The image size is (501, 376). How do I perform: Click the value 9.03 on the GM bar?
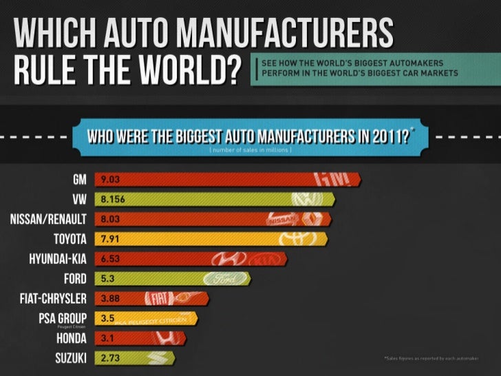[x=111, y=180]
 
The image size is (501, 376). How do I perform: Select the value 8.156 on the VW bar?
[x=114, y=200]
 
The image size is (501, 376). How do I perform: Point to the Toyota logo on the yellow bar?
[x=298, y=239]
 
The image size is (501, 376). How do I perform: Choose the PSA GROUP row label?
[x=63, y=318]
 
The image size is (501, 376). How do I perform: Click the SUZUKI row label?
[x=70, y=358]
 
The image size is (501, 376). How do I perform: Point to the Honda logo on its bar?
[x=167, y=338]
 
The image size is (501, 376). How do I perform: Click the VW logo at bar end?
[x=306, y=200]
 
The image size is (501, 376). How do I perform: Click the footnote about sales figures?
[x=432, y=359]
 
